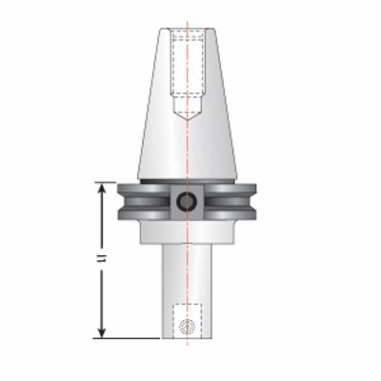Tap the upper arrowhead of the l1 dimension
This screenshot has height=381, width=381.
tap(102, 188)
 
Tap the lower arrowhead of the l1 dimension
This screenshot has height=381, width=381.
tap(102, 333)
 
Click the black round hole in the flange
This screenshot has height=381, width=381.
tap(186, 201)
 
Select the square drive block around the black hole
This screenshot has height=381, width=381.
tap(187, 202)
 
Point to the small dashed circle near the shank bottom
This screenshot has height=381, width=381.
tap(187, 326)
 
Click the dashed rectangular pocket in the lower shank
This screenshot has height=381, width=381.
tap(188, 321)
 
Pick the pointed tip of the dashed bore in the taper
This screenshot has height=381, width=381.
tap(188, 120)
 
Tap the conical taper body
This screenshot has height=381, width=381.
tap(188, 105)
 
